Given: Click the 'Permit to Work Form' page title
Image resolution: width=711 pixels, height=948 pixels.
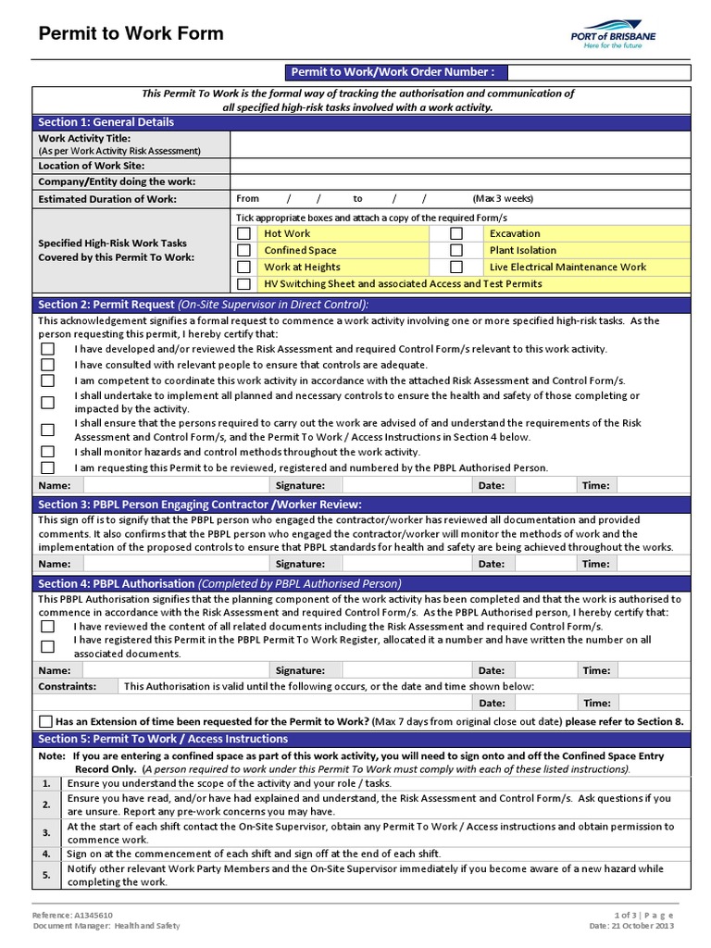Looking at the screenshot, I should tap(131, 34).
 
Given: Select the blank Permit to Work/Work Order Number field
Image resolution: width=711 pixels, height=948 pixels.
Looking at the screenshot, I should tap(597, 72).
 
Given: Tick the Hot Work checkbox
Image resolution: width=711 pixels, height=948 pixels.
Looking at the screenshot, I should tap(243, 233).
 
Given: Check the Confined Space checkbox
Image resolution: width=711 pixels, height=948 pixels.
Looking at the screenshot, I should tap(243, 250).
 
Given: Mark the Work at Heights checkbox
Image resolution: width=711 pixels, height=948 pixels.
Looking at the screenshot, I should tap(243, 267).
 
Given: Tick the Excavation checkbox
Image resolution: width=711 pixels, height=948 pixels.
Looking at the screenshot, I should tap(455, 233).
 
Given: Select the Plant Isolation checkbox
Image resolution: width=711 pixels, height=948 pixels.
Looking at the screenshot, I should tap(455, 250).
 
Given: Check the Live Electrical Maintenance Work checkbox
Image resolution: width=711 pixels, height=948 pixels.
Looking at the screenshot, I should tap(455, 267).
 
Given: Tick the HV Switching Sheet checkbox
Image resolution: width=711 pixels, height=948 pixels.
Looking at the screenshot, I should tap(243, 283).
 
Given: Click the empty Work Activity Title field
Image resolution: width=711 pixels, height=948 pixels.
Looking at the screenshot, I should tap(459, 144).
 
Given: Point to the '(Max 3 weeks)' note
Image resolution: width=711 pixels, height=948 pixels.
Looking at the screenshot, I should tap(503, 198).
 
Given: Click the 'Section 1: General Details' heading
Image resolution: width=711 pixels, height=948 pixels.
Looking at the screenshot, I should tap(106, 122).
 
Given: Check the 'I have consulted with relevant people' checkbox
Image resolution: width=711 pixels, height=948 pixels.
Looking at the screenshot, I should tap(47, 365).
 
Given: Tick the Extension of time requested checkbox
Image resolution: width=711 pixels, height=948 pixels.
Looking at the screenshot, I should tap(46, 721).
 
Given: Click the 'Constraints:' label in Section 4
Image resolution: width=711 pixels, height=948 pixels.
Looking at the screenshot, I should tap(67, 686).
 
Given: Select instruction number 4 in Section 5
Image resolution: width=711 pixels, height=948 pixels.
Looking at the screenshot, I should tap(46, 854).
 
